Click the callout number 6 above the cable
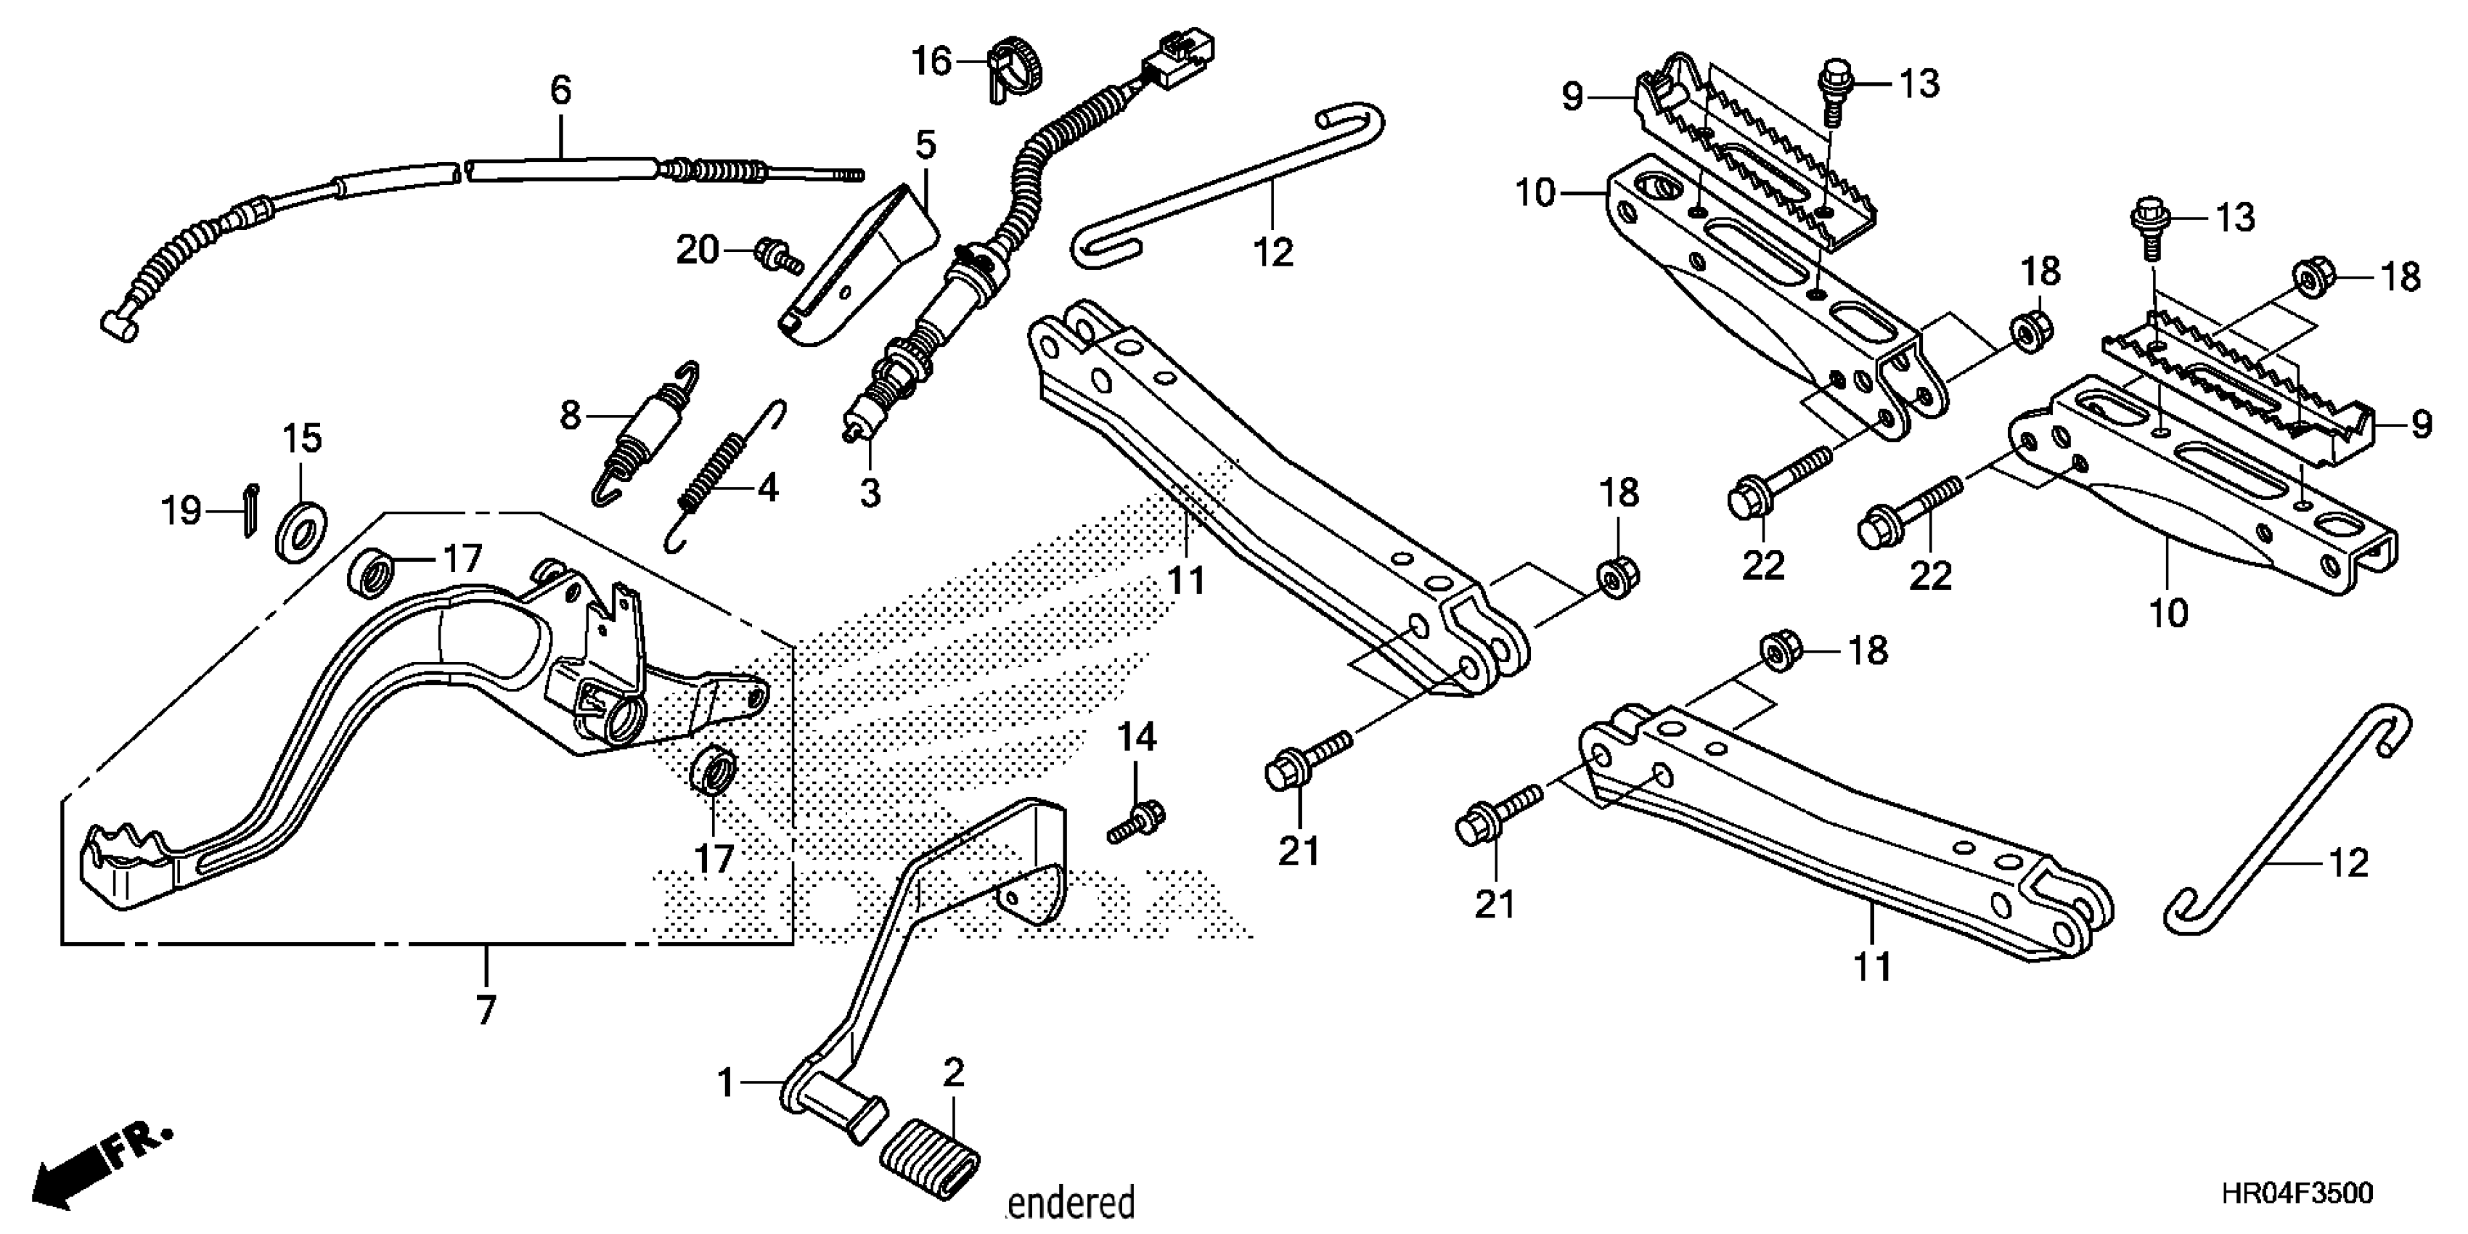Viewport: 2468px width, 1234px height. (x=560, y=90)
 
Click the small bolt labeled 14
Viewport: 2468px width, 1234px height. (x=1138, y=822)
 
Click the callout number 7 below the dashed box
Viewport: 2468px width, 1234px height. (x=486, y=1010)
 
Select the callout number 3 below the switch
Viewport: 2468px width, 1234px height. (x=869, y=494)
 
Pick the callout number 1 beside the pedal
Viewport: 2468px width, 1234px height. (x=725, y=1084)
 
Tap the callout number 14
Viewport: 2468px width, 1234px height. (x=1137, y=737)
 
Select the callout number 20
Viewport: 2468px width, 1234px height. (x=697, y=251)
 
